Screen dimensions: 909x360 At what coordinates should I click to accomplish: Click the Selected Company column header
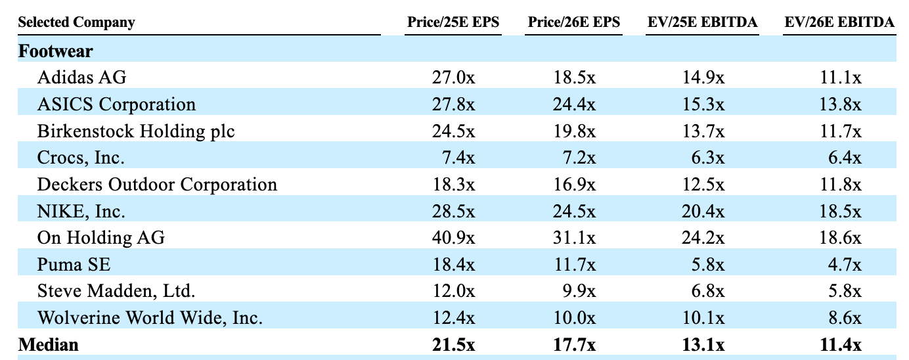click(x=76, y=22)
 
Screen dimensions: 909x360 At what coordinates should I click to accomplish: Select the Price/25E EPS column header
click(x=453, y=22)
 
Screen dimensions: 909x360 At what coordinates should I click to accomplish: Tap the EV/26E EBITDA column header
click(x=839, y=22)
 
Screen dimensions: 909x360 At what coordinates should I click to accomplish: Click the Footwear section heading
click(x=55, y=51)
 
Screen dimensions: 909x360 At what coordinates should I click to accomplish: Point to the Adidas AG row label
click(x=81, y=77)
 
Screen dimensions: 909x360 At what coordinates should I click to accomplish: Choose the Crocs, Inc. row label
click(x=80, y=158)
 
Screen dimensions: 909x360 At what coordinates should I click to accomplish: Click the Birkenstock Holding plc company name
click(x=136, y=131)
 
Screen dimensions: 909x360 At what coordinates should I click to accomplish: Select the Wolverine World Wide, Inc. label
click(x=150, y=318)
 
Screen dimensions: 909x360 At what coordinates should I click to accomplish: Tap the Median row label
click(x=49, y=345)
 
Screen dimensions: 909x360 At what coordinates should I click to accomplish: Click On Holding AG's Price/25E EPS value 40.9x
click(x=453, y=238)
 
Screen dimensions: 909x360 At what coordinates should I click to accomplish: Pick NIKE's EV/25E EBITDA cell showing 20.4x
click(x=703, y=212)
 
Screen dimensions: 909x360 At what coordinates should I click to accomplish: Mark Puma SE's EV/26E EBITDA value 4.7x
click(x=845, y=265)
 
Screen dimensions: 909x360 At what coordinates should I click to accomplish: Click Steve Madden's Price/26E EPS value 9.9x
click(x=579, y=291)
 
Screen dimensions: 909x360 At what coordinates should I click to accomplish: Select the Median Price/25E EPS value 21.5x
click(x=453, y=345)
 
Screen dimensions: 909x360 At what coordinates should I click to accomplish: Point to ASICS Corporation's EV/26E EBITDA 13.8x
click(x=840, y=104)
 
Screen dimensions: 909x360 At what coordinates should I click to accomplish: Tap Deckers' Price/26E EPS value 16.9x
click(x=575, y=185)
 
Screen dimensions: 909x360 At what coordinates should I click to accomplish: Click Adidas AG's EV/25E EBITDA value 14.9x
click(x=703, y=77)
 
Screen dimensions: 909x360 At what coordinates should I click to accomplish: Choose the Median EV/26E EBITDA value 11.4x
click(x=840, y=345)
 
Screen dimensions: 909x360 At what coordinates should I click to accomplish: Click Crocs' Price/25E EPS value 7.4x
click(x=458, y=158)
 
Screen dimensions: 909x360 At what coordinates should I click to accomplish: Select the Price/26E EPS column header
click(x=574, y=22)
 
